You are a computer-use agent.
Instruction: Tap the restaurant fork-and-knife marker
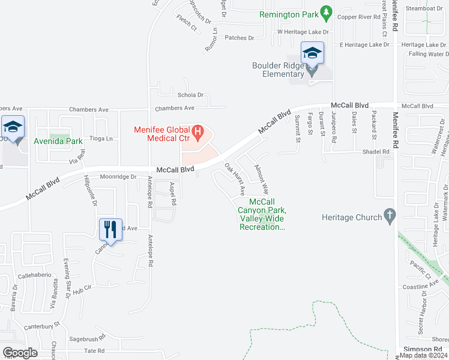(110, 229)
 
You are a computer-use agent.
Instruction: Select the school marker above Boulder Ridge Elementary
(312, 53)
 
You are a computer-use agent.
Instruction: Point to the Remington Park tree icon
(326, 11)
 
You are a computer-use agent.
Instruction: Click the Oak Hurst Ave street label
(235, 179)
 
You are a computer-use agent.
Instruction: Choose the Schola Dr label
(191, 95)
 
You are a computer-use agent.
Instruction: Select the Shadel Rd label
(376, 152)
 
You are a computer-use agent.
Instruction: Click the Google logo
(20, 352)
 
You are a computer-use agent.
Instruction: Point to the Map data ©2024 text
(424, 355)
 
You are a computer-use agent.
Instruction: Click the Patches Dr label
(240, 38)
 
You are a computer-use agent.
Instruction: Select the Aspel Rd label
(172, 194)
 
